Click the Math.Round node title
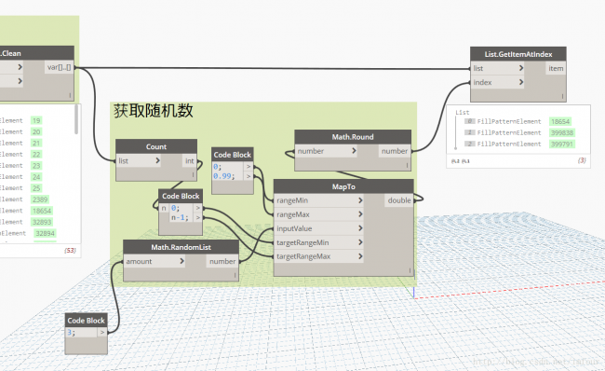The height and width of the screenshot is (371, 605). tap(353, 137)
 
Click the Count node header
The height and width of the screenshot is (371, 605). tap(156, 146)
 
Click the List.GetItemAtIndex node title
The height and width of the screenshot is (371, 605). tap(518, 53)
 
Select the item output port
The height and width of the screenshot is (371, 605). tap(555, 68)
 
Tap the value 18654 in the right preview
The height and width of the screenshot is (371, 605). tap(559, 122)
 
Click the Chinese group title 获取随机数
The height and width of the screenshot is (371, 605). tap(153, 111)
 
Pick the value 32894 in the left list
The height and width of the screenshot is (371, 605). tap(45, 234)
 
